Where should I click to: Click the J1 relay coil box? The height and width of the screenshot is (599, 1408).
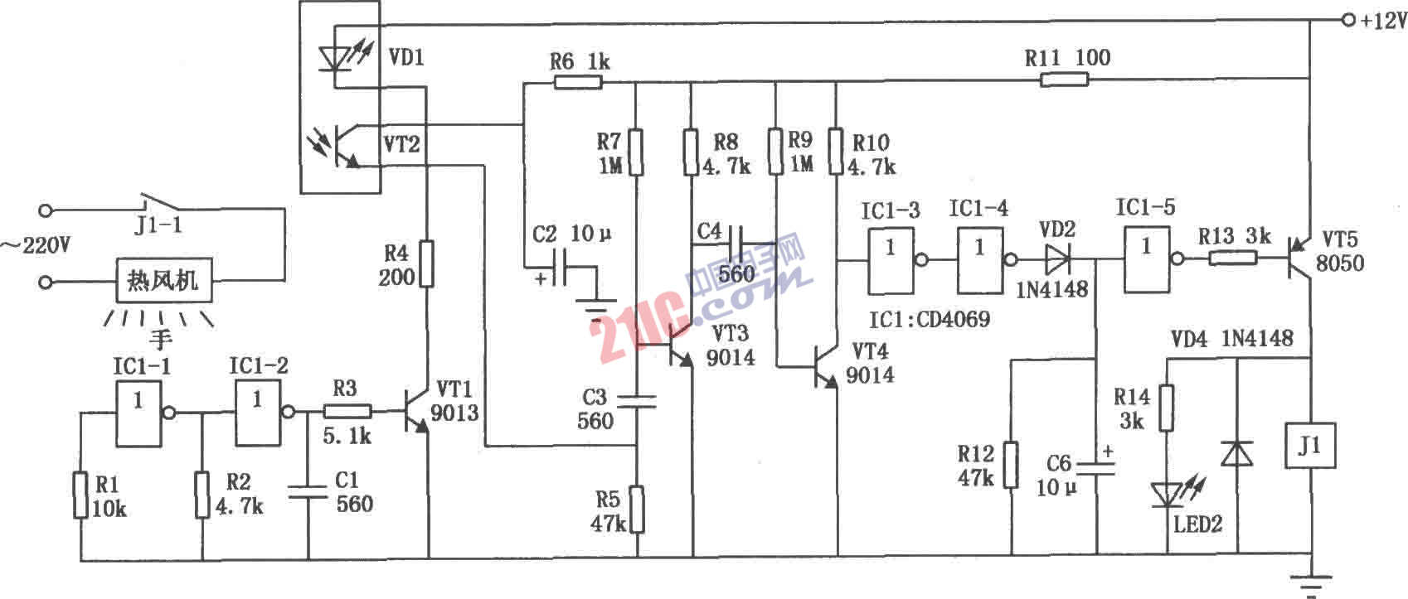[1310, 446]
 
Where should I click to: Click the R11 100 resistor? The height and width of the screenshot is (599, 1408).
[1065, 80]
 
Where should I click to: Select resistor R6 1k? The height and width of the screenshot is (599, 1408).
[578, 82]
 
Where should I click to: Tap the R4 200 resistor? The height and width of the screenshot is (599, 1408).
[426, 263]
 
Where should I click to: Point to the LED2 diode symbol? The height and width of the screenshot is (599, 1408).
[1166, 495]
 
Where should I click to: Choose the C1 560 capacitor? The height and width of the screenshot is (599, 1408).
[308, 490]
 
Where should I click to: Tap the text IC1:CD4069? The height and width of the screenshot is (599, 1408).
[929, 318]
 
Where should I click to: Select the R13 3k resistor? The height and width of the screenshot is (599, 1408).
[1232, 258]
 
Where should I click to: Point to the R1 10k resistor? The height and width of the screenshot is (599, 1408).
[80, 495]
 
